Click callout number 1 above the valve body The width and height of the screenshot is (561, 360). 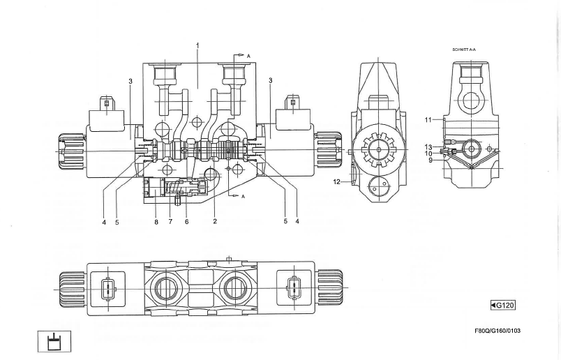197,45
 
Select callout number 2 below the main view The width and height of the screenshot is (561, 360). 215,222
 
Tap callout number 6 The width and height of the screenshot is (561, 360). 186,222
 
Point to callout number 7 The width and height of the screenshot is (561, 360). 171,222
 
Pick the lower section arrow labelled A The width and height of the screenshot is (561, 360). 238,196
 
